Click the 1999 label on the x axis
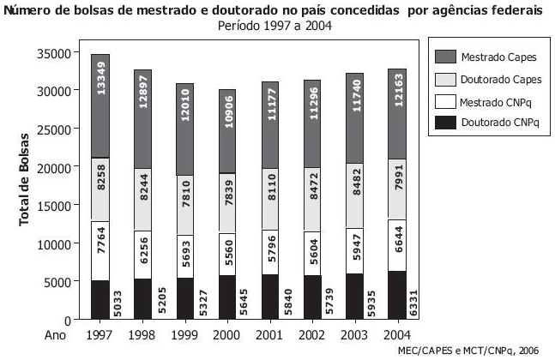coord(185,334)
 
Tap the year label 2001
coord(270,334)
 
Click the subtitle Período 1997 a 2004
coord(274,26)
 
